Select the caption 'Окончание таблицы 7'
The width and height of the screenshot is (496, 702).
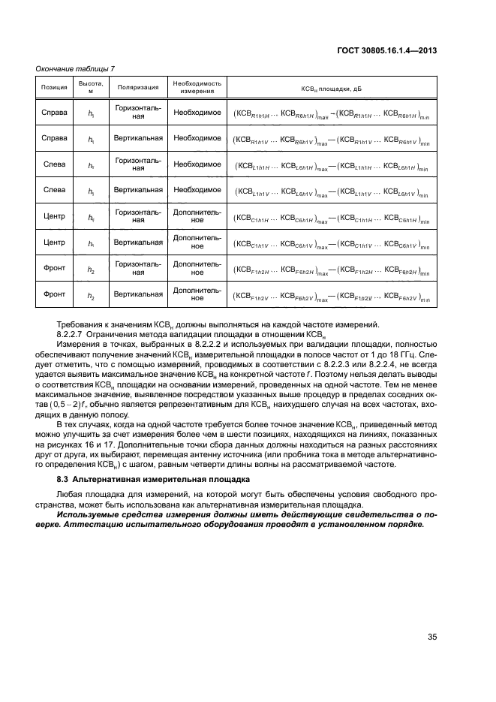[x=71, y=69]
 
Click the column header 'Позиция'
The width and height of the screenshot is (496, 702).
[x=54, y=87]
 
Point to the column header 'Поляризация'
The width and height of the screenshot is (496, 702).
[x=138, y=87]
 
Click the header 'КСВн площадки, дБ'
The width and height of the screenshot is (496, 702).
[x=331, y=87]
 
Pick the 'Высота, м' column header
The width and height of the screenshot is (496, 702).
[x=92, y=87]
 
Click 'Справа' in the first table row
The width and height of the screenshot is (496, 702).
[x=54, y=112]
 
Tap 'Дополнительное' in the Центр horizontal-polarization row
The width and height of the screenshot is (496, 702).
[x=197, y=217]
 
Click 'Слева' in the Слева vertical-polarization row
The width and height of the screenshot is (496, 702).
[x=54, y=190]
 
